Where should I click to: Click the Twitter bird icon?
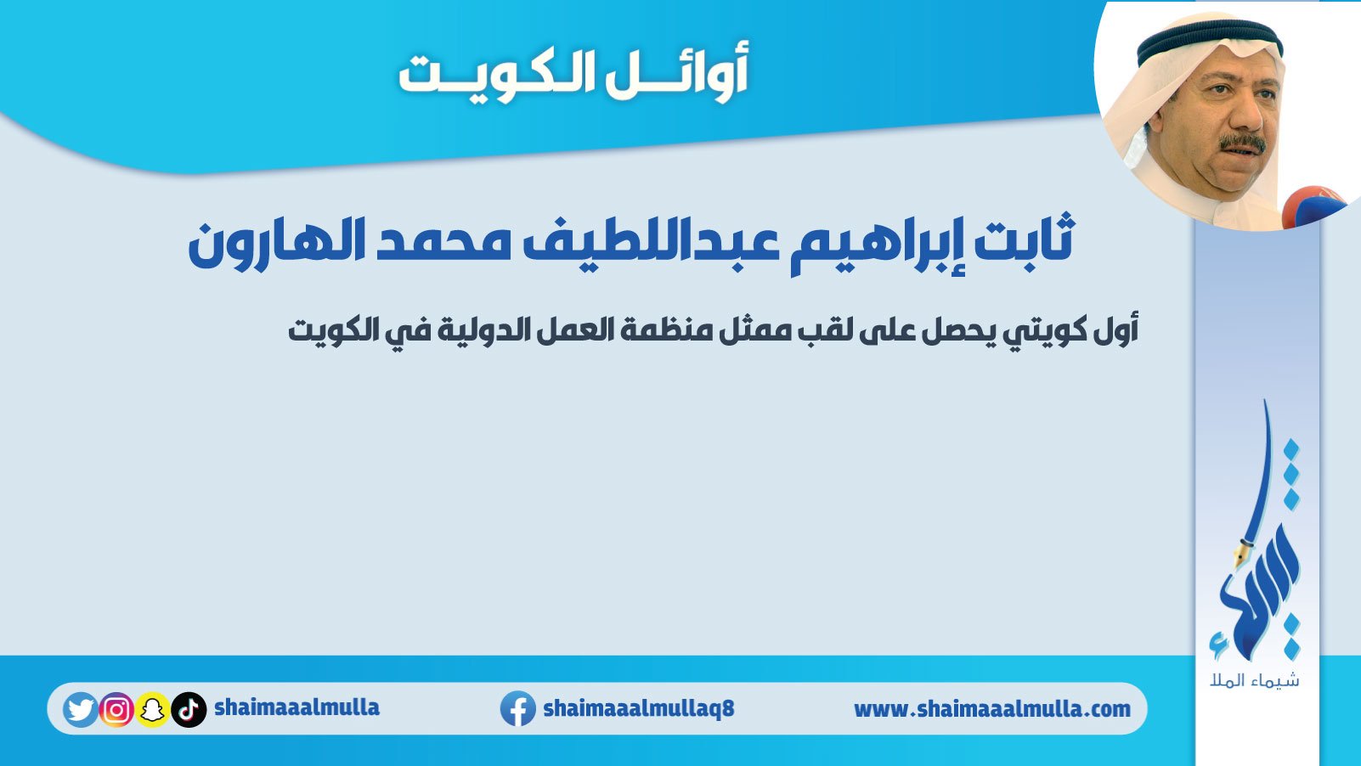pyautogui.click(x=80, y=709)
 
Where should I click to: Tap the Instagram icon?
pyautogui.click(x=116, y=709)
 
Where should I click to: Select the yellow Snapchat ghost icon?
pyautogui.click(x=153, y=709)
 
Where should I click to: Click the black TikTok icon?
pyautogui.click(x=189, y=709)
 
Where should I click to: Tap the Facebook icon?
pyautogui.click(x=517, y=708)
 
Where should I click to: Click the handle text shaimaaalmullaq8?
pyautogui.click(x=639, y=708)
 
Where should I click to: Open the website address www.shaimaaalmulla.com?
pyautogui.click(x=992, y=709)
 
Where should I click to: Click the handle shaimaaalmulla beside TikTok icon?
pyautogui.click(x=297, y=707)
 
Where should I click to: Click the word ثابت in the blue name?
pyautogui.click(x=1025, y=240)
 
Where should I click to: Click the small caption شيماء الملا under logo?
pyautogui.click(x=1255, y=680)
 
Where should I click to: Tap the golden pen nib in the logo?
pyautogui.click(x=1240, y=555)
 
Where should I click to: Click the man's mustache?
pyautogui.click(x=1243, y=144)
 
